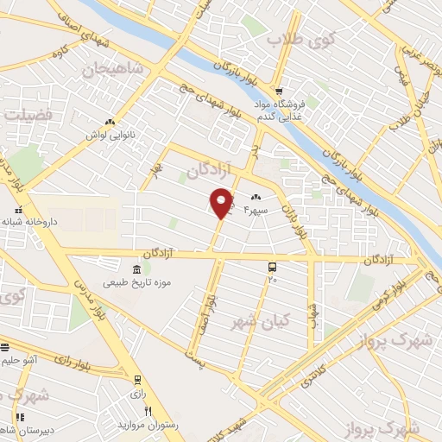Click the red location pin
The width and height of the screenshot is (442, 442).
click(222, 202)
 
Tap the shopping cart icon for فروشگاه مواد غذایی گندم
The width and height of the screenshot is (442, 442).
click(279, 91)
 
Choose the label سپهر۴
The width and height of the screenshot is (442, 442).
click(260, 207)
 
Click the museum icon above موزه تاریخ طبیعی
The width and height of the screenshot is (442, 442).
click(134, 268)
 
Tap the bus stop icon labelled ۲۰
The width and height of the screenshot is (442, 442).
click(273, 267)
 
